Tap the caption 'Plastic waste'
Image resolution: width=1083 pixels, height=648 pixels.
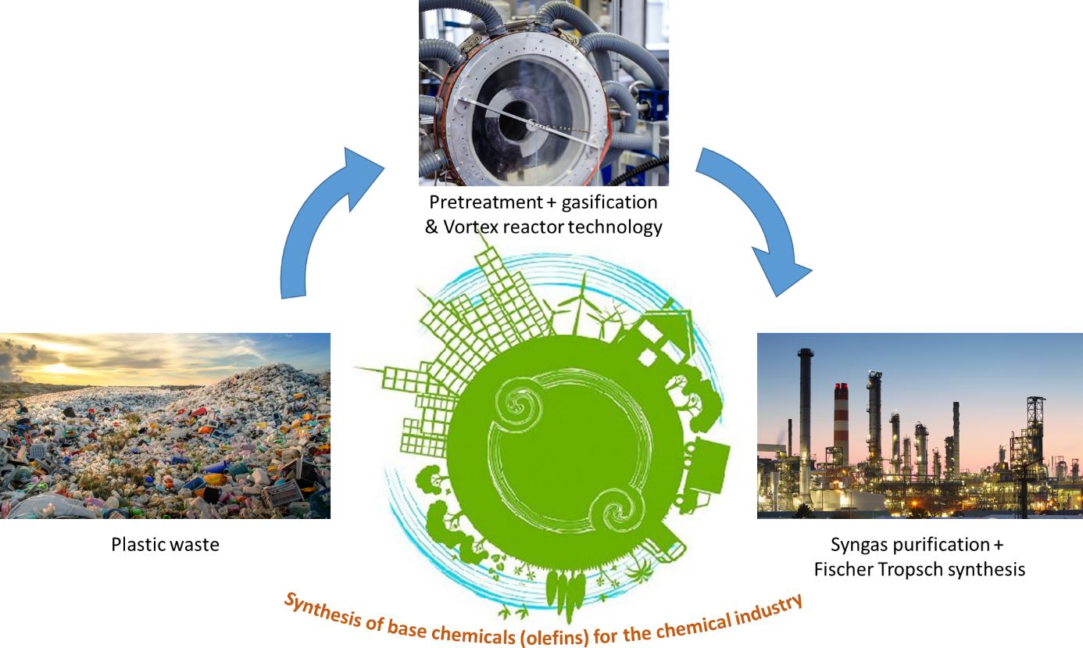pos(165,544)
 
